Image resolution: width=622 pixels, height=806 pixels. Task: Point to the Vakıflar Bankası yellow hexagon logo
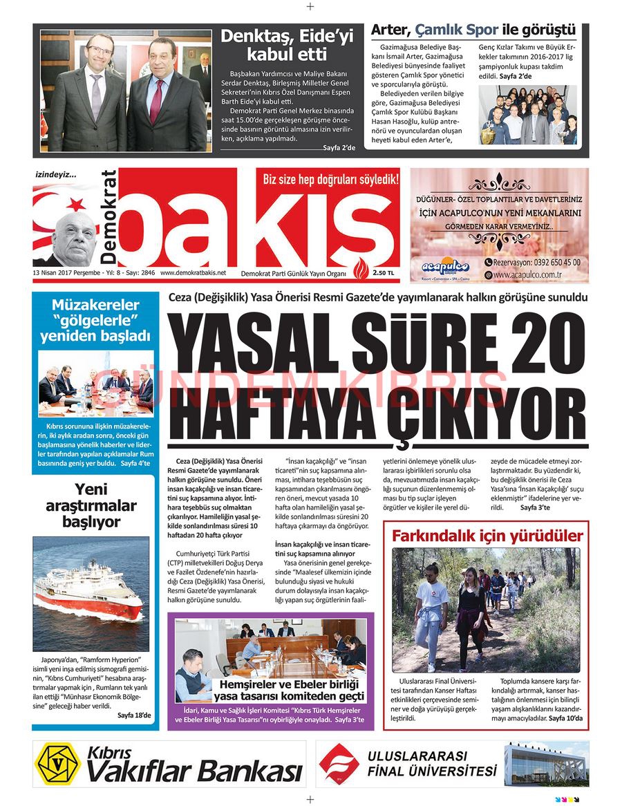57,763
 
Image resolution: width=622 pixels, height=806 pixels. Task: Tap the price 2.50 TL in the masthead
384,273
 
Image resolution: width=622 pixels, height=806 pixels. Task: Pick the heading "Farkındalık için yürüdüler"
487,536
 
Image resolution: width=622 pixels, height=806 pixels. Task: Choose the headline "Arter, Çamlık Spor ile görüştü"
473,30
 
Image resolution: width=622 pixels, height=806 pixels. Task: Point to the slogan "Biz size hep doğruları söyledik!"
331,180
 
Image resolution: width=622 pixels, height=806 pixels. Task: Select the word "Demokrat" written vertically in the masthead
109,217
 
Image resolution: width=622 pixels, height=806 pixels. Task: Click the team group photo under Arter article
528,115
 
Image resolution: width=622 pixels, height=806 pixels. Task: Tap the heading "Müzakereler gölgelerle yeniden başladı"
95,320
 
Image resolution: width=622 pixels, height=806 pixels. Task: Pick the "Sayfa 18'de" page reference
133,714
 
